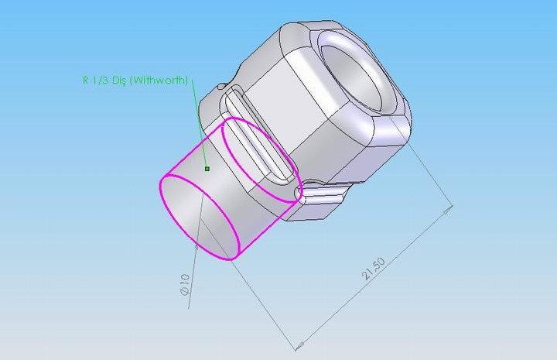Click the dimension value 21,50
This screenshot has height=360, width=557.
coord(374,269)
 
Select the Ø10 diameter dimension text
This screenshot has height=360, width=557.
coord(185,285)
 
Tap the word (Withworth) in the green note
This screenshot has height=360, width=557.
coord(159,81)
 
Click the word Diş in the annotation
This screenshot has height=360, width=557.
coord(119,81)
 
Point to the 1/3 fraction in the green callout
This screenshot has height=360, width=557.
coord(100,80)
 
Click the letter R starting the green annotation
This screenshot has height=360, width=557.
coord(86,80)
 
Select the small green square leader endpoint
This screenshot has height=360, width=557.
coord(207,169)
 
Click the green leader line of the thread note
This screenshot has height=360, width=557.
coord(200,124)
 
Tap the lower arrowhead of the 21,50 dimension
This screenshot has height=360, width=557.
coord(299,345)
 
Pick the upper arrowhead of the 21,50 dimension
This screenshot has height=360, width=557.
coord(447,209)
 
